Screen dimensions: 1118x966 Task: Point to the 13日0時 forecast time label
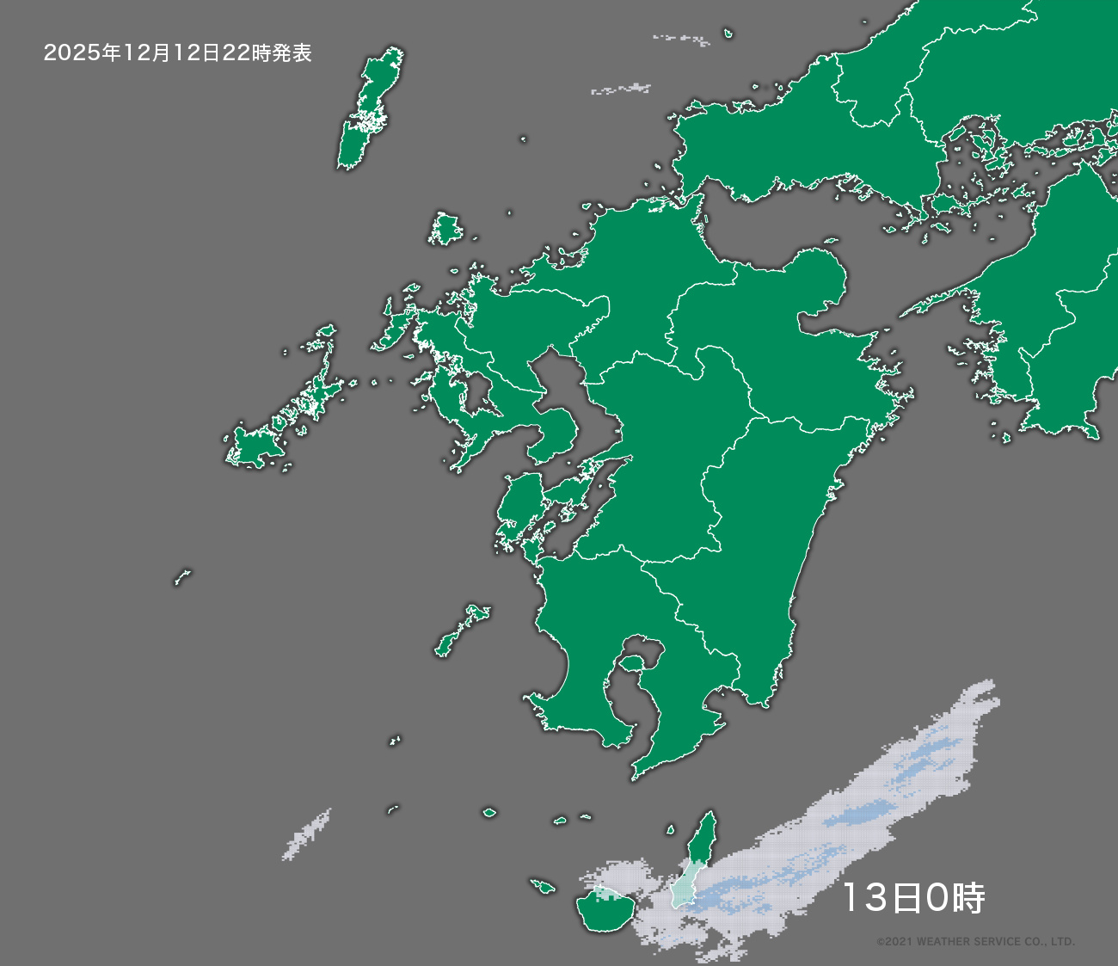coord(912,898)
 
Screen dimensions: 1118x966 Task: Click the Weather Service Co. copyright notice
coord(975,942)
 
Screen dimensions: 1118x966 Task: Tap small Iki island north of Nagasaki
coord(445,231)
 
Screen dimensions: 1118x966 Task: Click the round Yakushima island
coord(605,910)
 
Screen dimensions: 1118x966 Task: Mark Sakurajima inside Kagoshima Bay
coord(632,663)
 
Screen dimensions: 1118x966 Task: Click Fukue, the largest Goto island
coord(254,447)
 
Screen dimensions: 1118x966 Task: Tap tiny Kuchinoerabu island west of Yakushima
coord(542,885)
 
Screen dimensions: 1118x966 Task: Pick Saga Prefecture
coord(499,344)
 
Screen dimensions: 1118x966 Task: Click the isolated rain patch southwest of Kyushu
coord(306,834)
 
